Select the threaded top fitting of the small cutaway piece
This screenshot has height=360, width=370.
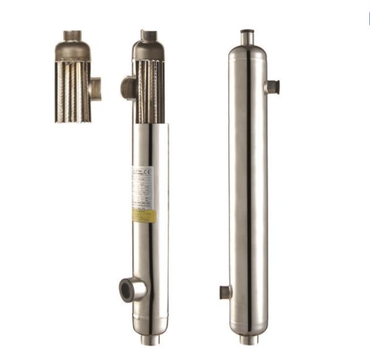click(x=72, y=35)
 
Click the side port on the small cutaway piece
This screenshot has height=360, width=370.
click(x=95, y=88)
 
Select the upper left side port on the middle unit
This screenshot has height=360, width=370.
click(x=127, y=86)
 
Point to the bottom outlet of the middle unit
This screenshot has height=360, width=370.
click(x=149, y=339)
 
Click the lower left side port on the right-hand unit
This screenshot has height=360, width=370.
click(x=225, y=291)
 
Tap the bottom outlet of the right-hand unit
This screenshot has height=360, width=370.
click(x=248, y=340)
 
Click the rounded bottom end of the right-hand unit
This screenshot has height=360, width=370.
click(x=248, y=326)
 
